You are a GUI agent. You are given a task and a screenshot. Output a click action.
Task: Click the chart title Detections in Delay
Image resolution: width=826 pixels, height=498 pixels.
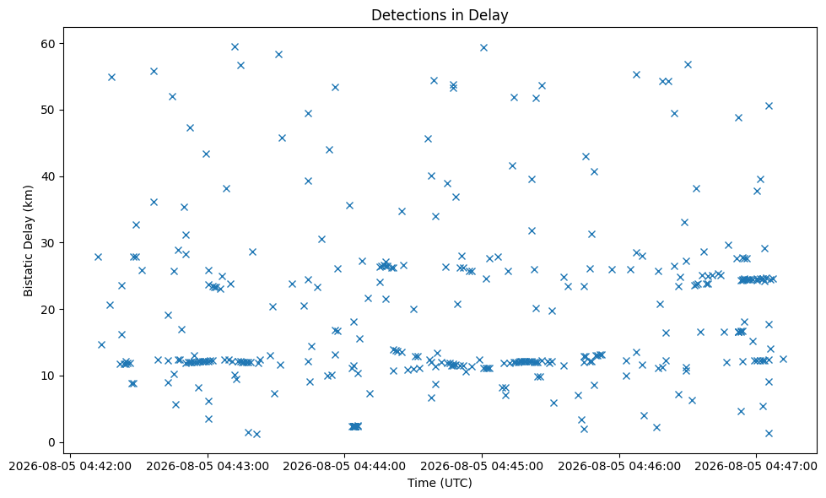coord(440,14)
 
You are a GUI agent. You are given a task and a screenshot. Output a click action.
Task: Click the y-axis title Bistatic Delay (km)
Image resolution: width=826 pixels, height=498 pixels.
coord(28,241)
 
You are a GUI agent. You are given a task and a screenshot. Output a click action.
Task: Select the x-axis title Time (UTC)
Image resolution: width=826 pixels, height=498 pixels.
coord(440,483)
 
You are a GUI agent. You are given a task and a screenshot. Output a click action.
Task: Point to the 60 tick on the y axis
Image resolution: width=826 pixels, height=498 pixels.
coord(48,44)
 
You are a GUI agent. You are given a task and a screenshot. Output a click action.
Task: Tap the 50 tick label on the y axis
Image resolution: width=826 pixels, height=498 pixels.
coord(48,110)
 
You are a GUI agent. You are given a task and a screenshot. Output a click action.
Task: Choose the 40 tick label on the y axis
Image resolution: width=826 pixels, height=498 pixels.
coord(48,176)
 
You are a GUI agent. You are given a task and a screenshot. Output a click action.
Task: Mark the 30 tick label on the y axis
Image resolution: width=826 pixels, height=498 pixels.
coord(48,243)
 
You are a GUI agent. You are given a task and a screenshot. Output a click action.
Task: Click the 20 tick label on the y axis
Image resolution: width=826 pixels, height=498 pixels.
coord(48,309)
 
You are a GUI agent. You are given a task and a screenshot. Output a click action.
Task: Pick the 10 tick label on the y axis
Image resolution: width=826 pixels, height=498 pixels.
coord(48,376)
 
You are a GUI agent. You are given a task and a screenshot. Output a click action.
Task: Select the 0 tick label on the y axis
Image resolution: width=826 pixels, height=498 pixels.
coord(52,442)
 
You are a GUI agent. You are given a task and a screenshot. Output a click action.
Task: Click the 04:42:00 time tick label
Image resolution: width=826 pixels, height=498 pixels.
coord(70,467)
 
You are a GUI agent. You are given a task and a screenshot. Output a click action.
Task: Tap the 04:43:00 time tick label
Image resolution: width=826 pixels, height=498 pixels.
coord(208,467)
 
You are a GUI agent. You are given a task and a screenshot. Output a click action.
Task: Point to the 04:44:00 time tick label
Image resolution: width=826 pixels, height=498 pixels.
coord(344,467)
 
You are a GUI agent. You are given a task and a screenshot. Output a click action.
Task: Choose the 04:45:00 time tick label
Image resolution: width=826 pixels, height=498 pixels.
coord(482,467)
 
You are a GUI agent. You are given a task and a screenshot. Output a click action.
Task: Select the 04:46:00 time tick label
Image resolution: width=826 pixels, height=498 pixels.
coord(619,467)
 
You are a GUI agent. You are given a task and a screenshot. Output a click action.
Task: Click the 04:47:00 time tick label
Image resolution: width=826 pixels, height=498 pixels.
coord(756,467)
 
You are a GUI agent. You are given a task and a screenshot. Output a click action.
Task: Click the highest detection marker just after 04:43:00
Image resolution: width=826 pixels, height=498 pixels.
coord(235,47)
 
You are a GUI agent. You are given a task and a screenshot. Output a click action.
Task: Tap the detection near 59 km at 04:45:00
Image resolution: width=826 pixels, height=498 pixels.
coord(483,48)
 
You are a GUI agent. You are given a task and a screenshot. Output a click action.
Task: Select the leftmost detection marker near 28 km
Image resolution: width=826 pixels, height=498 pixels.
coord(98,257)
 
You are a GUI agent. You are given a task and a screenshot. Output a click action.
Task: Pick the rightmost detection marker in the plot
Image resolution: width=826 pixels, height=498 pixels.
coord(783,360)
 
